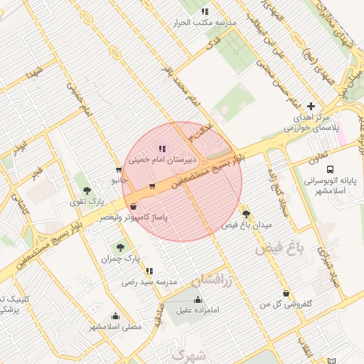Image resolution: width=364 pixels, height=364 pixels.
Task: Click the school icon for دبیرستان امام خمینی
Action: (x=162, y=149)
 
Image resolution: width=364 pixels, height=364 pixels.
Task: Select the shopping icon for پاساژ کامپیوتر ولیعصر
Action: (x=134, y=207)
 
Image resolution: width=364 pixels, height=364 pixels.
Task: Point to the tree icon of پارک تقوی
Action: (x=86, y=190)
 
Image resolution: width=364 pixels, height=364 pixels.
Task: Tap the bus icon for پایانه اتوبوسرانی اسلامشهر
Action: (x=330, y=169)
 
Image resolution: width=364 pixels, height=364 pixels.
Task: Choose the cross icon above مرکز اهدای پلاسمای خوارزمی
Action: (x=310, y=105)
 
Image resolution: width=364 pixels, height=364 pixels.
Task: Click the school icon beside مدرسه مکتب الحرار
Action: (x=205, y=11)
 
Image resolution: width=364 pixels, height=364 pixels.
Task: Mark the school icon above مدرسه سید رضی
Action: (x=149, y=271)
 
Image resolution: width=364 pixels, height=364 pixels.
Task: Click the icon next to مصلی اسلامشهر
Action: (x=114, y=316)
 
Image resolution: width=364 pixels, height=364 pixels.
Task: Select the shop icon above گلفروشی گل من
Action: (x=286, y=293)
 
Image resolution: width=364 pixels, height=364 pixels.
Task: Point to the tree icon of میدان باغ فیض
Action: (x=246, y=213)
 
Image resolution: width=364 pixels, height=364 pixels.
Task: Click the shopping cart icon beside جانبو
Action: (x=118, y=170)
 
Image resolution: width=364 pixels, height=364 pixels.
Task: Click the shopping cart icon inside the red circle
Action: (x=152, y=186)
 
